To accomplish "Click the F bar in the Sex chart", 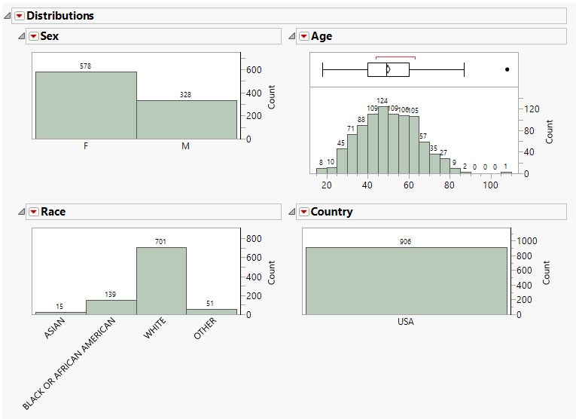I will (x=86, y=106).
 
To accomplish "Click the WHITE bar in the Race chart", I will (x=160, y=280).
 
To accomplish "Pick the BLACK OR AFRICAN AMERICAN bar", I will (x=111, y=307).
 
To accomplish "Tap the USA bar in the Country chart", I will (x=406, y=280).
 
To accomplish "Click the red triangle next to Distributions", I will (x=20, y=16).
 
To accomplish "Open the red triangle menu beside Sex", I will (x=33, y=36).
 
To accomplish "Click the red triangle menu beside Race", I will (x=33, y=212).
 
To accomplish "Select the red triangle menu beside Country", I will (x=303, y=212).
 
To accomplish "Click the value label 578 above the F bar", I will (x=86, y=66).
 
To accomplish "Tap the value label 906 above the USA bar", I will (x=406, y=242).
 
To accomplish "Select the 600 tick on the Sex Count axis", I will (x=254, y=70).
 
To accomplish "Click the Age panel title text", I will (x=322, y=36).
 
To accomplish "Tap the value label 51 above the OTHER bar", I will (x=211, y=304).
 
